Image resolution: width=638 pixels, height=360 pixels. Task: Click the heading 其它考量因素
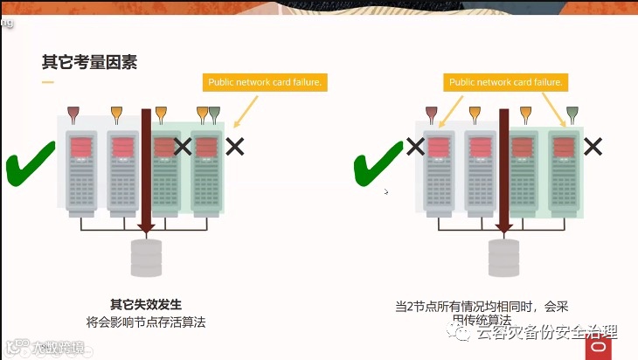pyautogui.click(x=89, y=62)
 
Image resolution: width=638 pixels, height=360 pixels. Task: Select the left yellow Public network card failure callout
pyautogui.click(x=265, y=83)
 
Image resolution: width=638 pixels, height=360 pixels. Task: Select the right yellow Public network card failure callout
pyautogui.click(x=505, y=83)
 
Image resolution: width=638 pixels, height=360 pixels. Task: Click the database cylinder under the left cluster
pyautogui.click(x=146, y=256)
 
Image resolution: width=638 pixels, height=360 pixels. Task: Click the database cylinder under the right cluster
pyautogui.click(x=503, y=256)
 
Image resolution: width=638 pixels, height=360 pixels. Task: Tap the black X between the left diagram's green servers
pyautogui.click(x=183, y=146)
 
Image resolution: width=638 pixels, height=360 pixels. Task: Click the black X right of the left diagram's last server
pyautogui.click(x=234, y=146)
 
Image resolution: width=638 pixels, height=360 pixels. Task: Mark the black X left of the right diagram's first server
pyautogui.click(x=415, y=146)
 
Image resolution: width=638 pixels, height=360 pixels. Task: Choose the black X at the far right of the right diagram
pyautogui.click(x=593, y=146)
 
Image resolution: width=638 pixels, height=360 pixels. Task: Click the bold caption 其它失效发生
pyautogui.click(x=145, y=304)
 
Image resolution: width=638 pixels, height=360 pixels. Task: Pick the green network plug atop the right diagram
pyautogui.click(x=572, y=114)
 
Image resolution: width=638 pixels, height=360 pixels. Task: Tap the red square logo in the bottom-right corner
pyautogui.click(x=598, y=346)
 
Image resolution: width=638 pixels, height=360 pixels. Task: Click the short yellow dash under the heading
pyautogui.click(x=48, y=82)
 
